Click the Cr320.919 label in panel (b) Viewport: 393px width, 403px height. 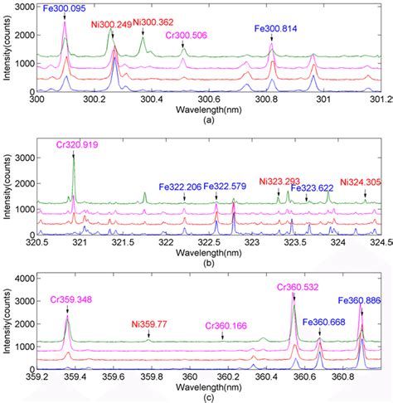74,143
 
